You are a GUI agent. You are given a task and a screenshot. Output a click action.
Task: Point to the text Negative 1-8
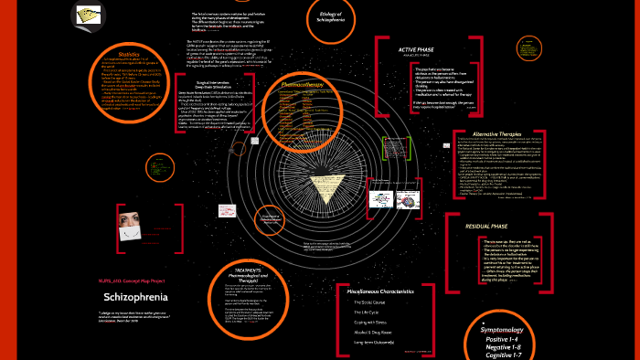pos(568,347)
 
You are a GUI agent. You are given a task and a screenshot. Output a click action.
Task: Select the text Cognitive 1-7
pos(568,355)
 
